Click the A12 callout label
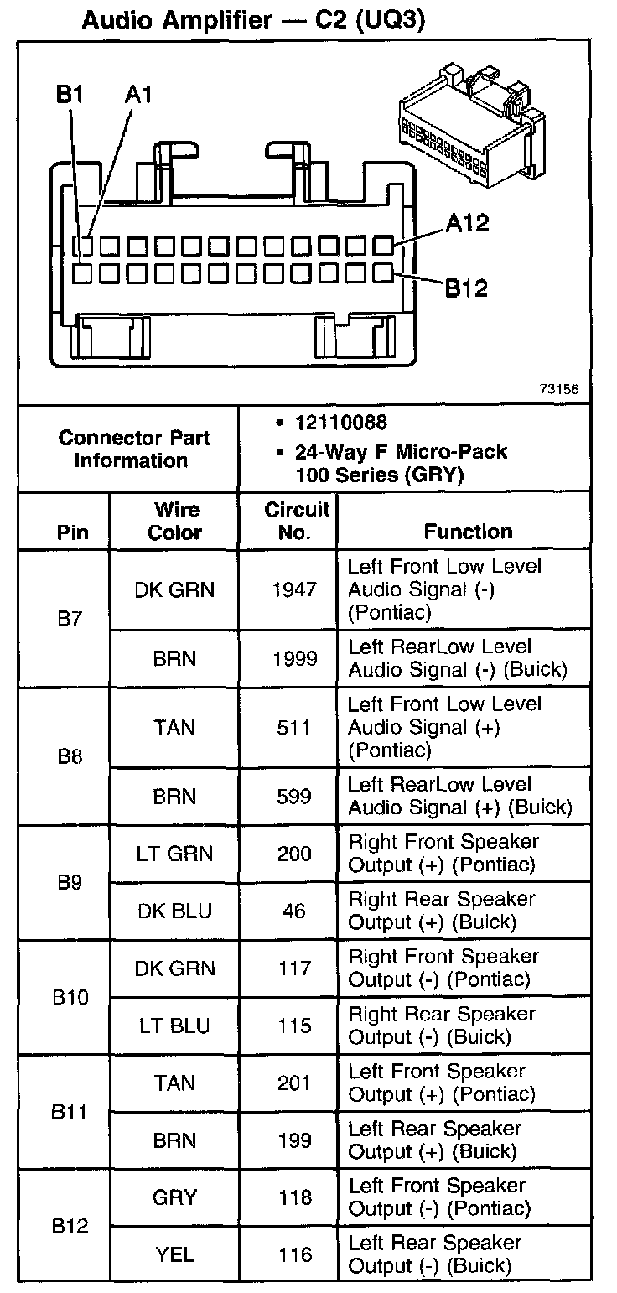(468, 224)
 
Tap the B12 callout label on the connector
(466, 288)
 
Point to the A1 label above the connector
(138, 95)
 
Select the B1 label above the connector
(70, 95)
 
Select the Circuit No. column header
(297, 521)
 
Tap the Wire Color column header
(175, 521)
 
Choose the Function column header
(468, 532)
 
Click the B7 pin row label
(70, 620)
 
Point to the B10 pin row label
(70, 999)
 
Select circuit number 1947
(295, 589)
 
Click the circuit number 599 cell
(295, 797)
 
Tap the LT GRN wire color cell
(175, 854)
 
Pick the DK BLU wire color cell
(175, 911)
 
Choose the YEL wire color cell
(175, 1254)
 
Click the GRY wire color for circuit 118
(175, 1197)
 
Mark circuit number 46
(295, 911)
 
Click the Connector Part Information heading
(134, 449)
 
